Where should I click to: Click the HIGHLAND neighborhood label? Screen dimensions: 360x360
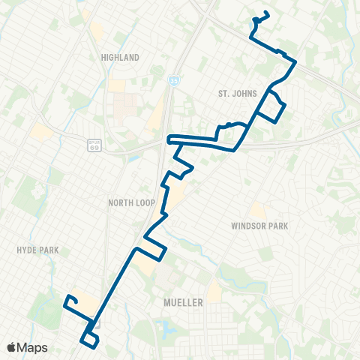coord(120,57)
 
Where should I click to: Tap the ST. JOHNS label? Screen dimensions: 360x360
coord(237,94)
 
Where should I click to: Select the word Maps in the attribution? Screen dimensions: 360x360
coord(34,347)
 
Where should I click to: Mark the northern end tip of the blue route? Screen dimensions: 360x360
coord(267,13)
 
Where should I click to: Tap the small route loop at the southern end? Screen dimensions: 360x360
coord(89,340)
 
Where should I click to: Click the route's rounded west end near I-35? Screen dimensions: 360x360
coord(169,138)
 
